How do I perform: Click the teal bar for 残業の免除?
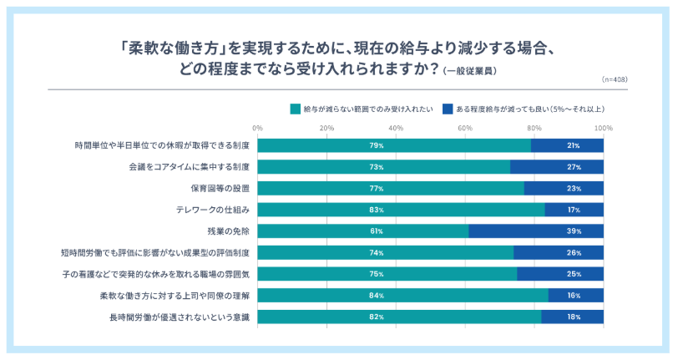(x=363, y=231)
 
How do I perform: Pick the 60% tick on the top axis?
(x=465, y=128)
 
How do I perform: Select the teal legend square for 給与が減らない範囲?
(x=295, y=109)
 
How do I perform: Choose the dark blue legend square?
(x=448, y=109)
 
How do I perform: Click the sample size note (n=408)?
(x=615, y=79)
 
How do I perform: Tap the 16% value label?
(x=576, y=296)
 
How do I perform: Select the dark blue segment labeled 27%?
(x=557, y=166)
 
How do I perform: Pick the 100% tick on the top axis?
(x=604, y=128)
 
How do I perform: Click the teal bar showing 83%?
(x=401, y=209)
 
